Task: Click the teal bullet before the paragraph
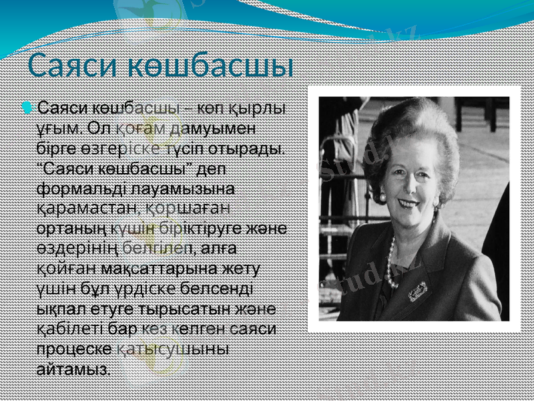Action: (x=26, y=107)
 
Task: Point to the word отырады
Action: (x=246, y=146)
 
